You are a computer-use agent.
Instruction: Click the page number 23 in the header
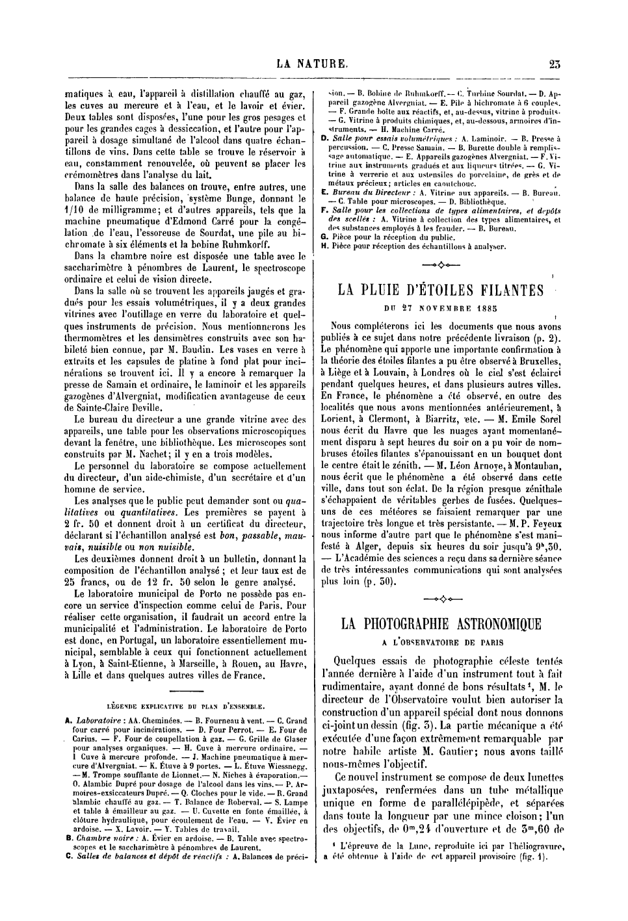tap(555, 64)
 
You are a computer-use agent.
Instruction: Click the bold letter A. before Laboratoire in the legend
tap(68, 721)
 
